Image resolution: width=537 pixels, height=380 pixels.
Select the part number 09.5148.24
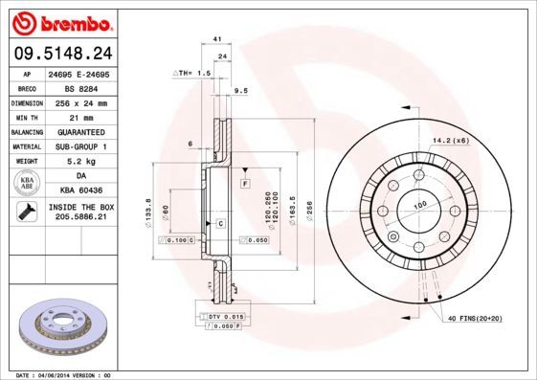64,53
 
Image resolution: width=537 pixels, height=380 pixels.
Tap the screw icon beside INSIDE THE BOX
23,212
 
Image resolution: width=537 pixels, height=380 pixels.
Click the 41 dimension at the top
218,38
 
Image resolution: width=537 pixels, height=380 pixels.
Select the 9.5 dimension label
241,91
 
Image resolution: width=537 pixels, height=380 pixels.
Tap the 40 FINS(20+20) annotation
474,318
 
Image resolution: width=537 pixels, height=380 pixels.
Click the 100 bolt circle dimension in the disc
418,205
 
